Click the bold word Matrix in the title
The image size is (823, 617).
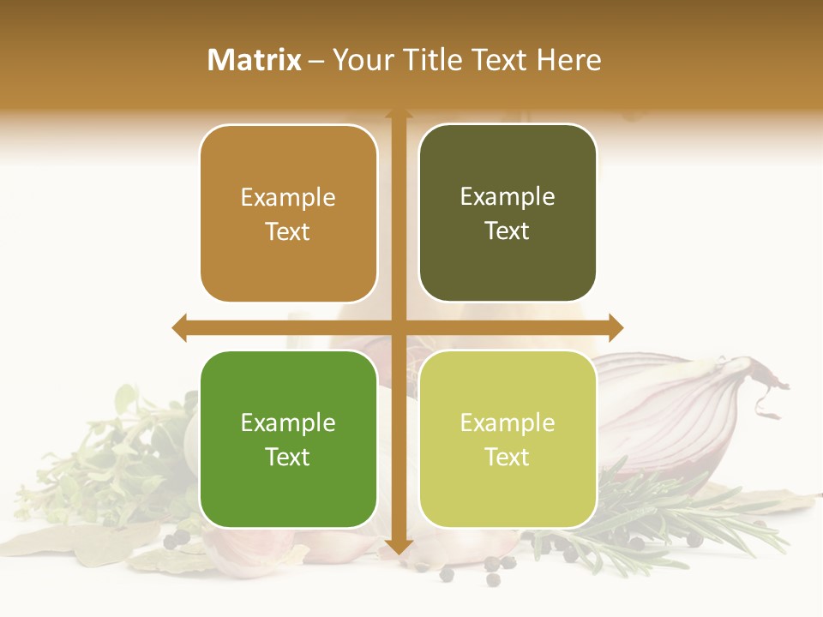click(255, 60)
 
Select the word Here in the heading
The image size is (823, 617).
click(569, 60)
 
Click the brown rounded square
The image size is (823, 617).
click(288, 213)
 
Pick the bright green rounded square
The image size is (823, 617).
click(288, 439)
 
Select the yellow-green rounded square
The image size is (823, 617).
click(508, 439)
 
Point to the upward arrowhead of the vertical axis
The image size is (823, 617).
click(399, 115)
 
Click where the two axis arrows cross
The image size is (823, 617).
click(399, 327)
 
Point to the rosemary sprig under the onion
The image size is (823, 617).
click(686, 514)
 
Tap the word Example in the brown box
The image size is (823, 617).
click(288, 197)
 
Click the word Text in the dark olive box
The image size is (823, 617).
click(508, 231)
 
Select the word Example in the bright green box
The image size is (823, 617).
click(288, 422)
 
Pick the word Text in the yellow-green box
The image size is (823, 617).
click(508, 457)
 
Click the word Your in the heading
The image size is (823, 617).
click(361, 60)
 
